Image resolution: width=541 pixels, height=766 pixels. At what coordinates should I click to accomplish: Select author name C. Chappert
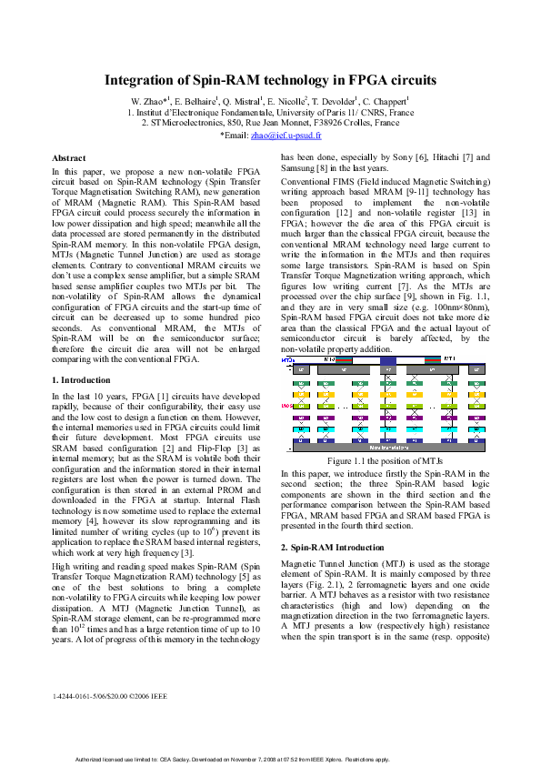click(x=385, y=100)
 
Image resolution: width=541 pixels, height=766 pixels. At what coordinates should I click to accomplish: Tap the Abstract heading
click(x=69, y=158)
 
